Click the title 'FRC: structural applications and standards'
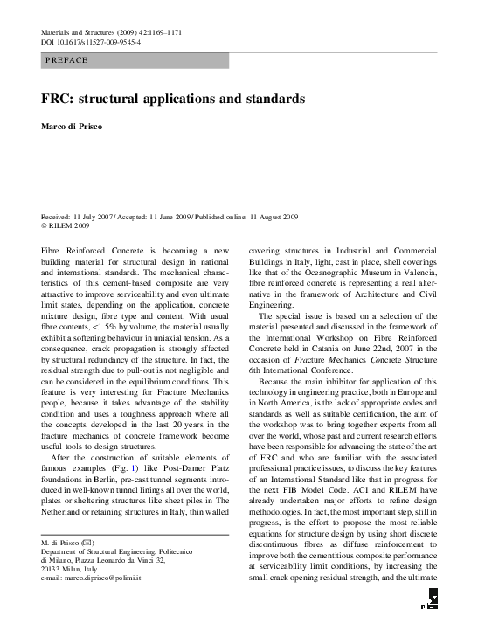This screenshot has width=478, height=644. coord(172,99)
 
